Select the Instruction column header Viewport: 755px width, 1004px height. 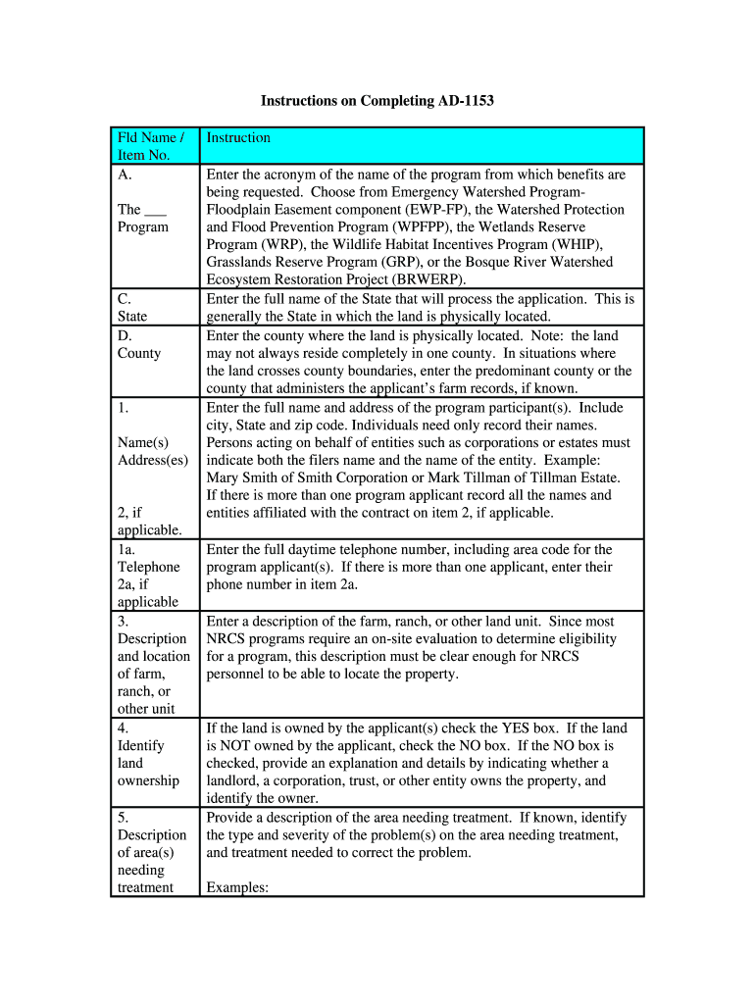coord(238,137)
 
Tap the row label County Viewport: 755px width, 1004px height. coord(139,353)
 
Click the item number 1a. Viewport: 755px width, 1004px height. coord(126,549)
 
